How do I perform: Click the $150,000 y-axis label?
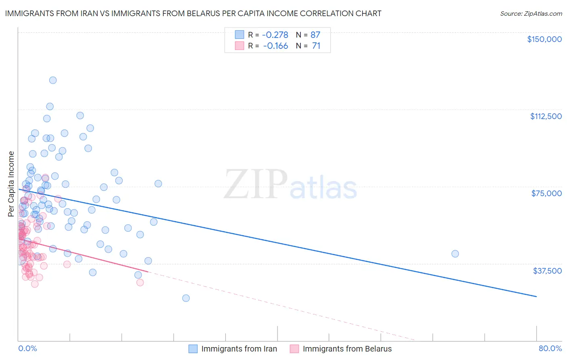tap(544, 39)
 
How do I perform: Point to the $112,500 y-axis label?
tap(546, 116)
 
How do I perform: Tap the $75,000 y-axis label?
tap(546, 193)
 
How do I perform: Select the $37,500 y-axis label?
tap(547, 271)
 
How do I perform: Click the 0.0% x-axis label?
tap(27, 348)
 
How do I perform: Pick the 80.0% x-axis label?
tap(550, 348)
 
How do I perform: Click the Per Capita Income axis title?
tap(11, 184)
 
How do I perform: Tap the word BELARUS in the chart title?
tap(217, 13)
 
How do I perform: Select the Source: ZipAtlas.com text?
tap(531, 13)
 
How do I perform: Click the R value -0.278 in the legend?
tap(275, 35)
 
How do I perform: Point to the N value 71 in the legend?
tap(316, 46)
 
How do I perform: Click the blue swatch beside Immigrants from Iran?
tap(193, 349)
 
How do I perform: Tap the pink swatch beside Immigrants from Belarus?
tap(294, 349)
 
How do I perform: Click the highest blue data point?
tap(53, 80)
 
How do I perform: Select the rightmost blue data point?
tap(455, 254)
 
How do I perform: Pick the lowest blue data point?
tap(186, 298)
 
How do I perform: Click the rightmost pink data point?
tap(140, 283)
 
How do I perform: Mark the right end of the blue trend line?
tap(536, 297)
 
